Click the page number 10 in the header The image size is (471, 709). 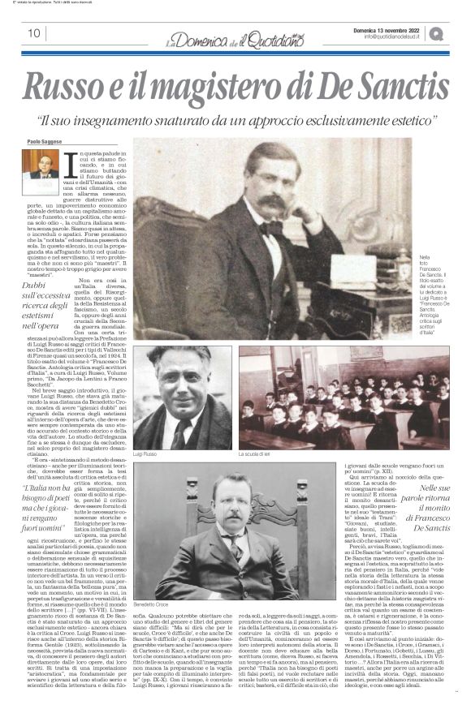[x=34, y=33]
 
